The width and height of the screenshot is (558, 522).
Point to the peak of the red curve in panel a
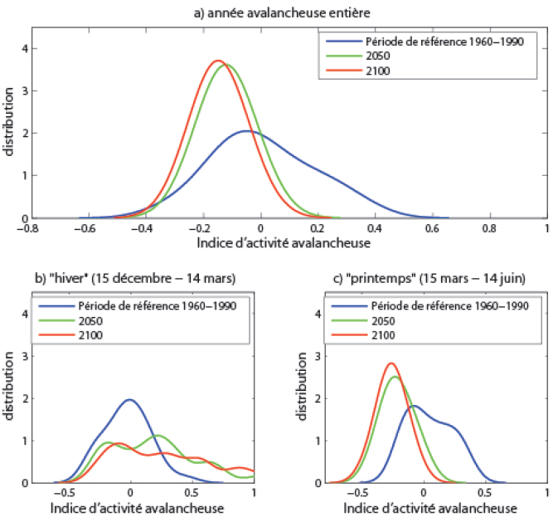218,61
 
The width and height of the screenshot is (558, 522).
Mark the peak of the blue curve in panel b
130,399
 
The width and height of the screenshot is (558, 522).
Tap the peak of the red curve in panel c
392,363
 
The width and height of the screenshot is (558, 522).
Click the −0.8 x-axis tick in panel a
31,227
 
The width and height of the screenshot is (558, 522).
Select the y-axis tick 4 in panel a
23,49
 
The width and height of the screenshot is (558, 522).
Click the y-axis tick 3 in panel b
23,355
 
